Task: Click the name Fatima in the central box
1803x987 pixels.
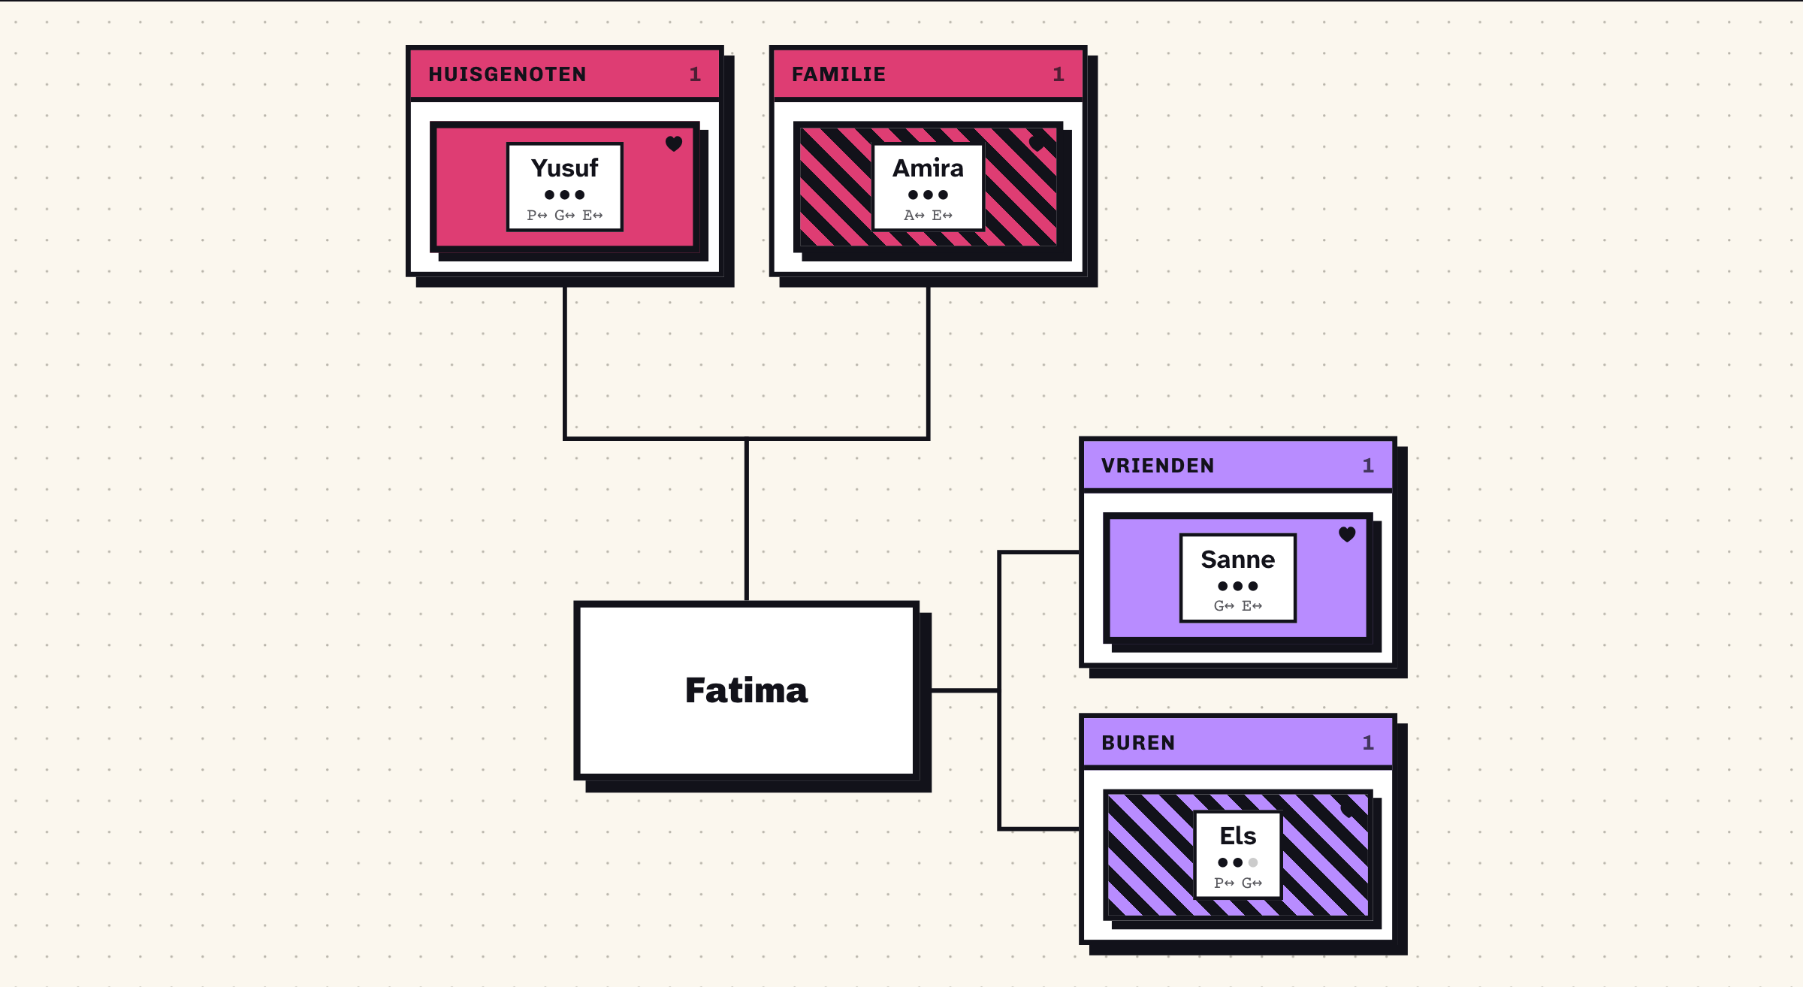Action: [x=746, y=690]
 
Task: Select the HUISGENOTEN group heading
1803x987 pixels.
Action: [x=507, y=74]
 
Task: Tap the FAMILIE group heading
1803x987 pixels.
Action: [x=838, y=74]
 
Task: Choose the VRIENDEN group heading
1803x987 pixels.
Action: [x=1158, y=466]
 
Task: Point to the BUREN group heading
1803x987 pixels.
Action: [x=1138, y=743]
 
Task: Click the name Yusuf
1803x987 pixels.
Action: [x=564, y=168]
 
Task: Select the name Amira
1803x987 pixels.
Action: [x=928, y=168]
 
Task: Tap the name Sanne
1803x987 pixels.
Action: [x=1237, y=559]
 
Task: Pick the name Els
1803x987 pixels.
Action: [x=1237, y=835]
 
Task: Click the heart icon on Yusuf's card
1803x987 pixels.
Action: [x=674, y=143]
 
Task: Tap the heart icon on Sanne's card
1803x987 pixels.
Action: [x=1347, y=534]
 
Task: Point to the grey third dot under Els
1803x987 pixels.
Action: [x=1252, y=862]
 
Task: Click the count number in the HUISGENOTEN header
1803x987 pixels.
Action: [x=695, y=74]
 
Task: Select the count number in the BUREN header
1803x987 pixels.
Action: [x=1368, y=743]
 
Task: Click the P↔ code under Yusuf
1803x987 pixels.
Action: [x=536, y=216]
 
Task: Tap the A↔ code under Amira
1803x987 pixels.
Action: [x=914, y=216]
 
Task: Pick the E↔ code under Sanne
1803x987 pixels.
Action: [x=1252, y=606]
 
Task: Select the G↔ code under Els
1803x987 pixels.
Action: [x=1252, y=883]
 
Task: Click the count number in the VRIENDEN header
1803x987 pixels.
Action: [x=1368, y=466]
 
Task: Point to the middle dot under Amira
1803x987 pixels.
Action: [x=928, y=195]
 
